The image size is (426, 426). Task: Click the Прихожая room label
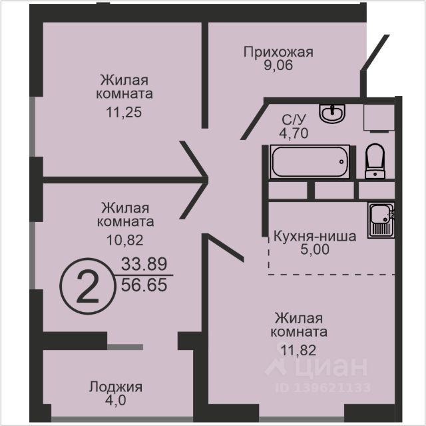click(278, 52)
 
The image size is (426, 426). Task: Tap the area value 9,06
click(278, 65)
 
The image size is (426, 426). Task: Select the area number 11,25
click(124, 112)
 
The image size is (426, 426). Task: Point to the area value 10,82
click(125, 239)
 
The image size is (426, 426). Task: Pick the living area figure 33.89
click(144, 263)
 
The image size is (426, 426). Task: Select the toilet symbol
click(375, 161)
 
